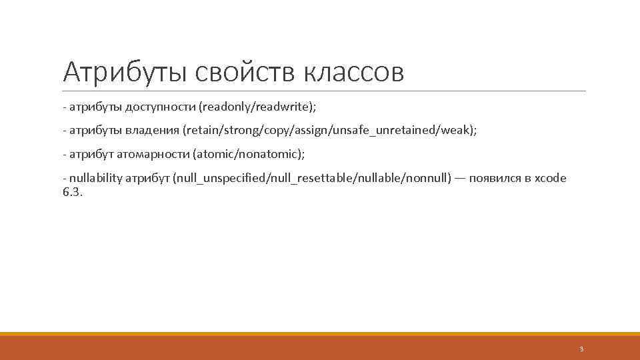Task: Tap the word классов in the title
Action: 353,72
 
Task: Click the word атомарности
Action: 153,155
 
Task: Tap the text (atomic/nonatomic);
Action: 249,155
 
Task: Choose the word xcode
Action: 551,179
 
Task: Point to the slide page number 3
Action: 581,349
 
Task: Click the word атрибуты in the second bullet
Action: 93,131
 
